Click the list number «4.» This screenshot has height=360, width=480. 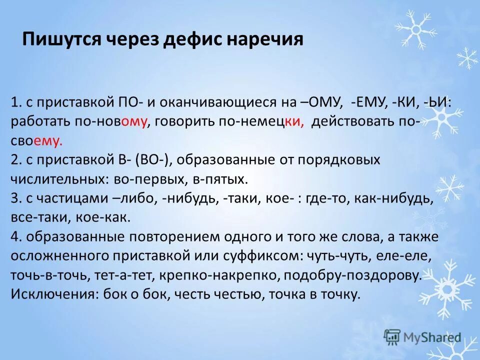(15, 237)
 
